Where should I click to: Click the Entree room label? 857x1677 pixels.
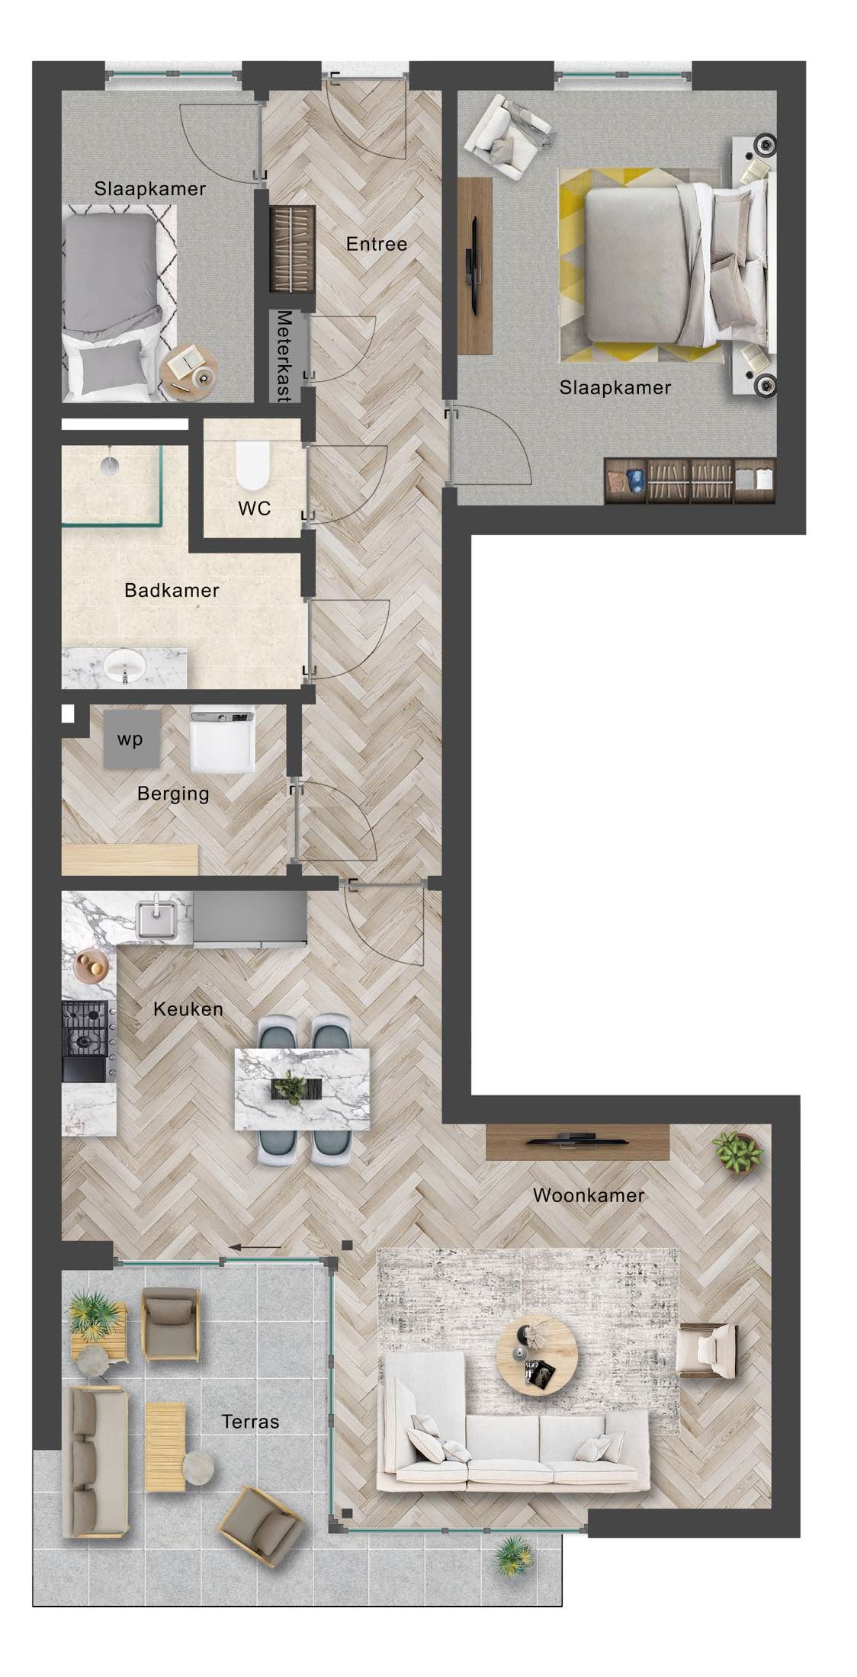tap(376, 244)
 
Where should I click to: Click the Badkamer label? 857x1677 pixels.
tap(172, 590)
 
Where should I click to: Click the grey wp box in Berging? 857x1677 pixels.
tap(132, 739)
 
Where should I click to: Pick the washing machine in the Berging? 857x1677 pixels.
tap(221, 739)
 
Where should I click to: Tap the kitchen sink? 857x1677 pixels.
tap(162, 920)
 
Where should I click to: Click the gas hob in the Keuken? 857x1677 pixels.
tap(84, 1028)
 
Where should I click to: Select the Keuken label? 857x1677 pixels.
tap(188, 1009)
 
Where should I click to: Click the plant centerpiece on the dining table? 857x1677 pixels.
tap(290, 1088)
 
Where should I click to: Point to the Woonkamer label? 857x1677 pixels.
tap(588, 1194)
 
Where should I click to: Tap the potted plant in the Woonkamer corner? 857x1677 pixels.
tap(736, 1152)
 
